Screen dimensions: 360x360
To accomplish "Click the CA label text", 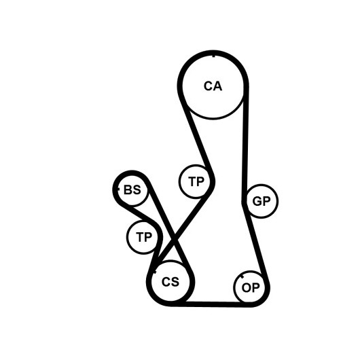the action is point(213,86).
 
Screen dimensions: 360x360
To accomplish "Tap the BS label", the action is point(132,190).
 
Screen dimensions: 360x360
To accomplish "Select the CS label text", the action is point(170,281).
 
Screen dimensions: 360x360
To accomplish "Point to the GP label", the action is point(262,201).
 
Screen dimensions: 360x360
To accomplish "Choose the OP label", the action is point(251,287).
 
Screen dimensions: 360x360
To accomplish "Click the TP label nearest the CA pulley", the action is point(196,181).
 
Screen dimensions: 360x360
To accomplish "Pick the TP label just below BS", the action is point(144,237).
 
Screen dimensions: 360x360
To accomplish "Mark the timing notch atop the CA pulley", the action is point(214,55).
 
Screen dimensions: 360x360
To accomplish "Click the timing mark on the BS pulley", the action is point(118,190).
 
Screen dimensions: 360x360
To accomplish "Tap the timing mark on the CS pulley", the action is point(154,272).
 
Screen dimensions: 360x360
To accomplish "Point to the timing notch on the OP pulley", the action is point(242,276).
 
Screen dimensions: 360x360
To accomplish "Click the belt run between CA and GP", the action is point(245,143).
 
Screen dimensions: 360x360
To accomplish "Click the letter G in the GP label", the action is point(257,201).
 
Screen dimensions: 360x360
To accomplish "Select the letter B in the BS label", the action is point(128,190).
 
